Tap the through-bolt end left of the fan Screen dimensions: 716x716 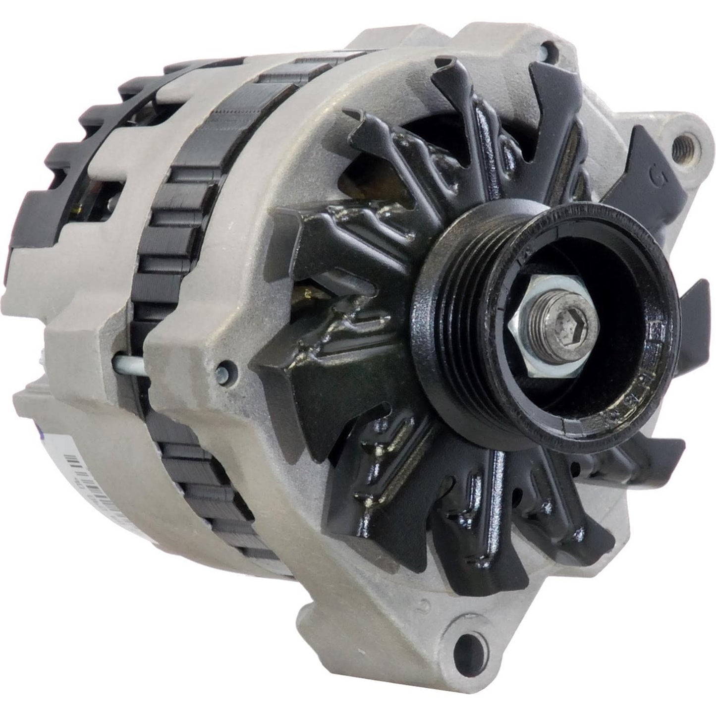click(x=223, y=369)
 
